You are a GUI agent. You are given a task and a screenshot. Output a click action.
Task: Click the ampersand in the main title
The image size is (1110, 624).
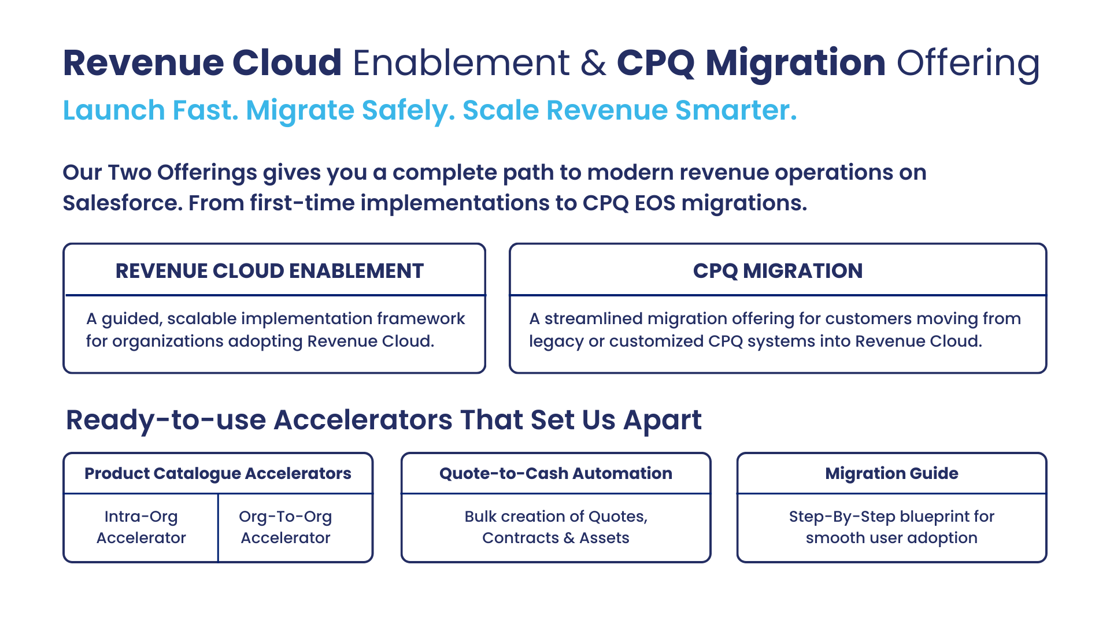(x=594, y=62)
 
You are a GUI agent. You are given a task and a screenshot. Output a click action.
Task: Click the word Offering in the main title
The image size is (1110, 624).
(x=968, y=64)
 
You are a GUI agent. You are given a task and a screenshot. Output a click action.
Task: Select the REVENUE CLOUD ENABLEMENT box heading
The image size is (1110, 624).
(x=270, y=270)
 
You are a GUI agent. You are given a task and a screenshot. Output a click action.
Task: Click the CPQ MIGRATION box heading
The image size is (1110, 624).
(x=778, y=270)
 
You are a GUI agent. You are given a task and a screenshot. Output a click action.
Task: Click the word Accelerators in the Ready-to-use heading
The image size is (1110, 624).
(x=363, y=419)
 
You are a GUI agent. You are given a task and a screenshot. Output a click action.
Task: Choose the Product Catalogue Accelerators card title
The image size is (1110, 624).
(x=218, y=473)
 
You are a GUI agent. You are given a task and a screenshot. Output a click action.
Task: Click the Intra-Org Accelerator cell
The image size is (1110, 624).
(x=141, y=527)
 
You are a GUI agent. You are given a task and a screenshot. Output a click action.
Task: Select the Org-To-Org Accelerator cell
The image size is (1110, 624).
(x=286, y=527)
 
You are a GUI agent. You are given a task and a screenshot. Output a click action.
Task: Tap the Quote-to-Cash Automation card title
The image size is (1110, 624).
(x=556, y=473)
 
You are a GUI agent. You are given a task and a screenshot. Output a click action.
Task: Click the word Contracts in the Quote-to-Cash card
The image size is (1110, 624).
(x=520, y=538)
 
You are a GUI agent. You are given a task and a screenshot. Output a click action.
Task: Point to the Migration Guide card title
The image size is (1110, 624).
(x=891, y=473)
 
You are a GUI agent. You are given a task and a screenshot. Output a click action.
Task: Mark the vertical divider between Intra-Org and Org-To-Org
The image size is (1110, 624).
(x=218, y=528)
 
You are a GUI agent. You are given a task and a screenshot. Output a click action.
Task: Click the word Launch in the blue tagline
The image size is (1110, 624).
(x=114, y=110)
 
